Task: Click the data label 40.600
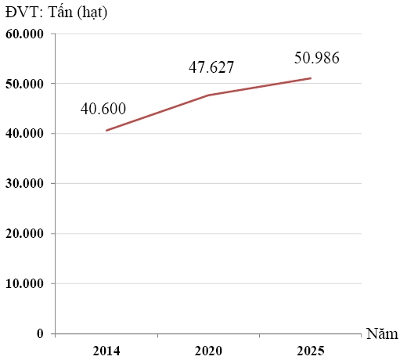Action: [103, 109]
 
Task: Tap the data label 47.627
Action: [211, 67]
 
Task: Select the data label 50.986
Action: [317, 58]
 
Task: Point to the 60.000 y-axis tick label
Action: [24, 34]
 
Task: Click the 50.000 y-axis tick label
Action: [24, 84]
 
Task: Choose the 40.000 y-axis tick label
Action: [24, 133]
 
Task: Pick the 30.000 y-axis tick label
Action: [24, 183]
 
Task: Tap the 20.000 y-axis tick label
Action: [24, 233]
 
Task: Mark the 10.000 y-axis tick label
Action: [24, 283]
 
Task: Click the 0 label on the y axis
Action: [40, 333]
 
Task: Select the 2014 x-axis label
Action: [106, 351]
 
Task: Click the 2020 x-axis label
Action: [208, 351]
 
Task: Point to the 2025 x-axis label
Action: [311, 351]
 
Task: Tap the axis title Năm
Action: [382, 333]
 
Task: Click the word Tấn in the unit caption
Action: [60, 12]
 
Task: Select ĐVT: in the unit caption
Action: [24, 13]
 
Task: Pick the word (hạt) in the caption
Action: [92, 13]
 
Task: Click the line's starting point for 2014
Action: [106, 131]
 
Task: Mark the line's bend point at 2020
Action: [208, 95]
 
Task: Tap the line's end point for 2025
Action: [311, 78]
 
